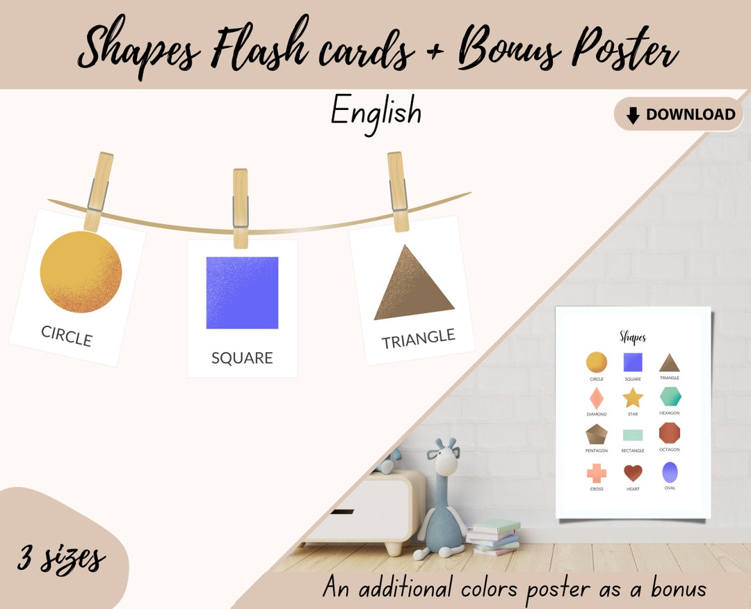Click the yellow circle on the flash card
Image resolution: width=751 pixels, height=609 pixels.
tap(81, 271)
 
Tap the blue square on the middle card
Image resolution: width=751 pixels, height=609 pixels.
tap(242, 292)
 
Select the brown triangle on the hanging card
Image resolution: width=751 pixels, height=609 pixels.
tap(415, 285)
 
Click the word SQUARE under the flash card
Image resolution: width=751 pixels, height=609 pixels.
tap(242, 358)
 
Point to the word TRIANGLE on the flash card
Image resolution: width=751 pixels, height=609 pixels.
tap(418, 339)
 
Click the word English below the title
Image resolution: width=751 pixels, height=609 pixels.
tap(375, 111)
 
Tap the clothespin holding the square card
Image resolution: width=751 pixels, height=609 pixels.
tap(241, 207)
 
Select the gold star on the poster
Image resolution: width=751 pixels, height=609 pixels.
tap(633, 397)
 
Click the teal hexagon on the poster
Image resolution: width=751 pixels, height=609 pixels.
tap(670, 396)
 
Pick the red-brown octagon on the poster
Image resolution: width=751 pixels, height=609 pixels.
tap(670, 432)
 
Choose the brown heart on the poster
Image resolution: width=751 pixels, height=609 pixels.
tap(633, 473)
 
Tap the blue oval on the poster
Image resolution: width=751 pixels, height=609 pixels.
tap(670, 473)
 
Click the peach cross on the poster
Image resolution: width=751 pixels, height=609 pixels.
tap(597, 473)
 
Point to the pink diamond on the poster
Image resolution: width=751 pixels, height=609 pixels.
tap(597, 398)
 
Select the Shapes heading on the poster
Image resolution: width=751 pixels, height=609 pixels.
tap(633, 338)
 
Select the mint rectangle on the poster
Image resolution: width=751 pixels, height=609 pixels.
tap(633, 435)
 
